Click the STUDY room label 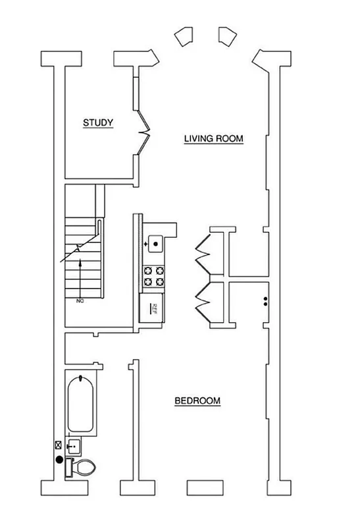[x=98, y=123]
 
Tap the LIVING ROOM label [x=214, y=139]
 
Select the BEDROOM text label [x=197, y=401]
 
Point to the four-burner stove [x=153, y=275]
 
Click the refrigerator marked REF [x=153, y=308]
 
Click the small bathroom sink [x=74, y=447]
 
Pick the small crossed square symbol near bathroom [x=58, y=445]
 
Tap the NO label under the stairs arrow [x=80, y=300]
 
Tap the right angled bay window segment [x=226, y=37]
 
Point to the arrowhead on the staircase [x=80, y=262]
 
